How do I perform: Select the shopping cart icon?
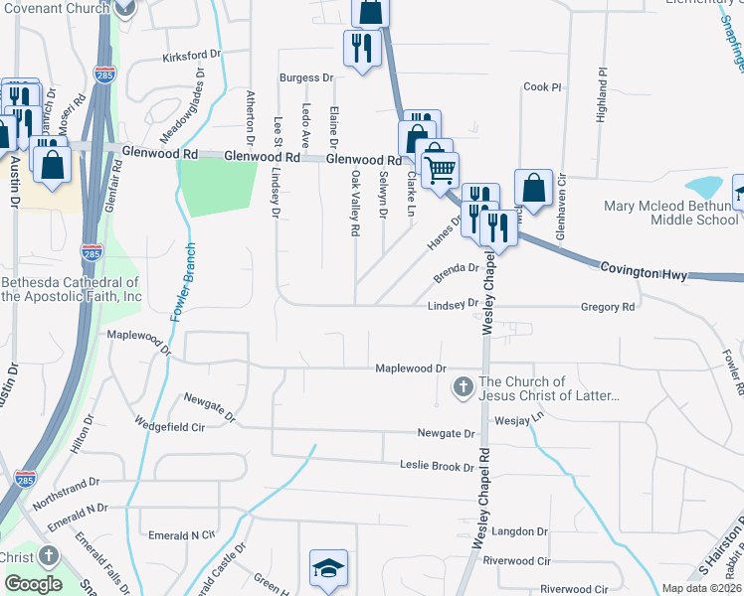point(440,167)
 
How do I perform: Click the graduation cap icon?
point(328,567)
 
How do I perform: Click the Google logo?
point(33,583)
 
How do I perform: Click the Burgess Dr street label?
point(305,77)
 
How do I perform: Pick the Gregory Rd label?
point(607,308)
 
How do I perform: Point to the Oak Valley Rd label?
point(354,203)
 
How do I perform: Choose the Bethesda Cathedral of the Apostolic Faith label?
point(72,289)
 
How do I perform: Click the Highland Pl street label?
point(602,95)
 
